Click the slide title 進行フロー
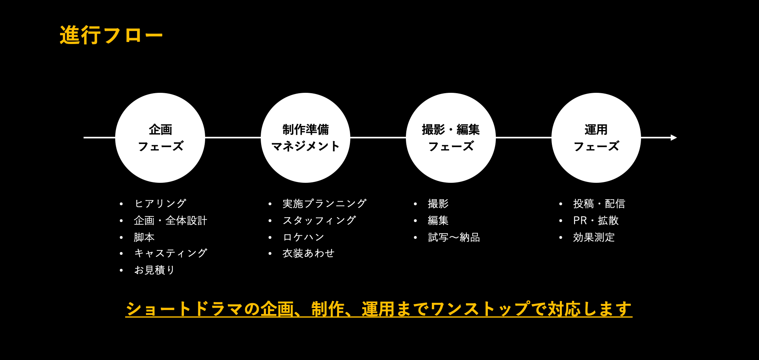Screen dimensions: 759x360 point(111,35)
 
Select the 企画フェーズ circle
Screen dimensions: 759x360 point(160,138)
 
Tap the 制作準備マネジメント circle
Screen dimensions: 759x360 point(306,138)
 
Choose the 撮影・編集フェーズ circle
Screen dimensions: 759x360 point(451,138)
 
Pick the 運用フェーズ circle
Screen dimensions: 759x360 point(596,138)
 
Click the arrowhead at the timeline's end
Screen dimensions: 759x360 point(674,138)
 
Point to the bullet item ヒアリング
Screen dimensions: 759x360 point(160,204)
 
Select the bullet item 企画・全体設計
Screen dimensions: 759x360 point(170,220)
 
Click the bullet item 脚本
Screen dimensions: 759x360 point(144,237)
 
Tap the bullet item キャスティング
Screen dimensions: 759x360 point(170,253)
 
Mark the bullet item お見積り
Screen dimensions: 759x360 point(154,270)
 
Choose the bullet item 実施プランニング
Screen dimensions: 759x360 point(324,204)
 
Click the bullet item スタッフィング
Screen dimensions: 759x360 point(319,220)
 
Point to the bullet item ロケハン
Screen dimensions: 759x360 point(304,237)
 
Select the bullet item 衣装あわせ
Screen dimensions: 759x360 point(308,253)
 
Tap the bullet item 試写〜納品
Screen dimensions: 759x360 point(454,237)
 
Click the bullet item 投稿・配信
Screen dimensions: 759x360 point(599,204)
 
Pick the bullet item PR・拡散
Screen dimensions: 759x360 point(595,220)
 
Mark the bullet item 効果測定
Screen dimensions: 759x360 point(593,237)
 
